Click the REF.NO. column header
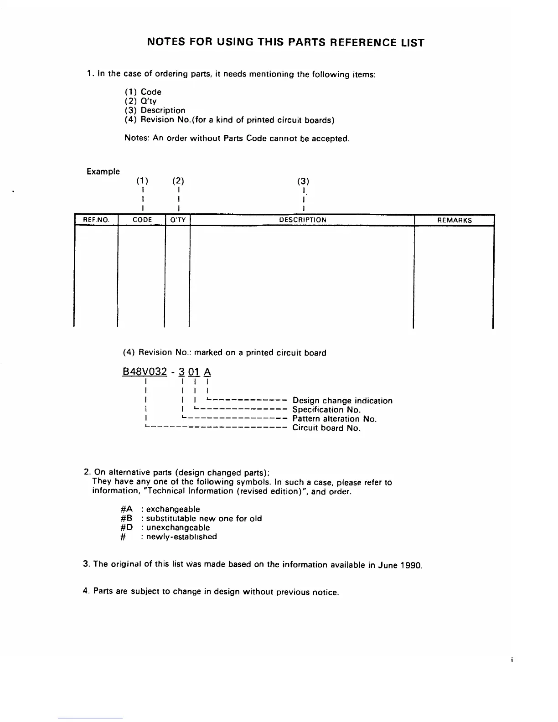(96, 220)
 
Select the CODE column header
(142, 220)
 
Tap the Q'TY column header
(177, 220)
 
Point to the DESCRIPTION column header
(302, 220)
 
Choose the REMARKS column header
(454, 220)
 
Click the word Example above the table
(103, 172)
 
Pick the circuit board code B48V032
(145, 371)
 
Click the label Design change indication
(342, 401)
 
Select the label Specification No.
(326, 410)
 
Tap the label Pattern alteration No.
(334, 419)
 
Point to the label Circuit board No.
(326, 428)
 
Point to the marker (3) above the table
(303, 181)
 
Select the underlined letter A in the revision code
(207, 371)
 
